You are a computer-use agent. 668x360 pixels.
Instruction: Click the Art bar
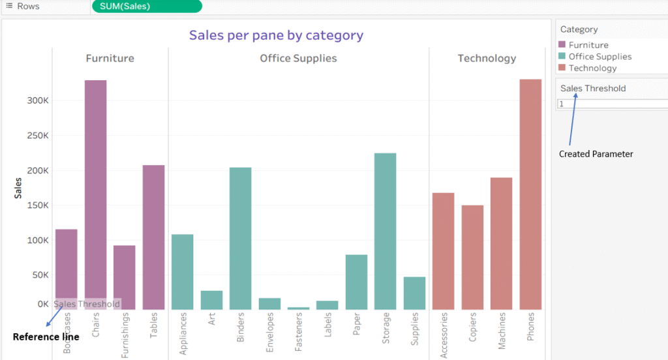pyautogui.click(x=211, y=300)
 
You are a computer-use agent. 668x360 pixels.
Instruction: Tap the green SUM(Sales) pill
pyautogui.click(x=147, y=7)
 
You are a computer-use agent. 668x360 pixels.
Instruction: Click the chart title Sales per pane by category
pyautogui.click(x=277, y=35)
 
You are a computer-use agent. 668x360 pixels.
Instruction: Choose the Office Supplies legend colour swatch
pyautogui.click(x=562, y=57)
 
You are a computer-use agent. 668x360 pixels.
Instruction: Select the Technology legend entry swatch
pyautogui.click(x=562, y=68)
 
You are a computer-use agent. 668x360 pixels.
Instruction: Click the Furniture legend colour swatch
pyautogui.click(x=562, y=45)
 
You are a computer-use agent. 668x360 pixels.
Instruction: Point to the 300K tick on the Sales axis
pyautogui.click(x=37, y=100)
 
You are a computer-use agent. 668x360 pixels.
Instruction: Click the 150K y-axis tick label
pyautogui.click(x=37, y=205)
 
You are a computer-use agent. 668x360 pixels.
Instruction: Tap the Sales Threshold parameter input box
pyautogui.click(x=612, y=104)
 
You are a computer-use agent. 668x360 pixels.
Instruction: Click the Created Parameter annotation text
pyautogui.click(x=596, y=154)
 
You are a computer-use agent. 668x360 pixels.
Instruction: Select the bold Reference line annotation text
pyautogui.click(x=46, y=337)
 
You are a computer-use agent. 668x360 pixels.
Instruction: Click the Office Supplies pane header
pyautogui.click(x=298, y=58)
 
